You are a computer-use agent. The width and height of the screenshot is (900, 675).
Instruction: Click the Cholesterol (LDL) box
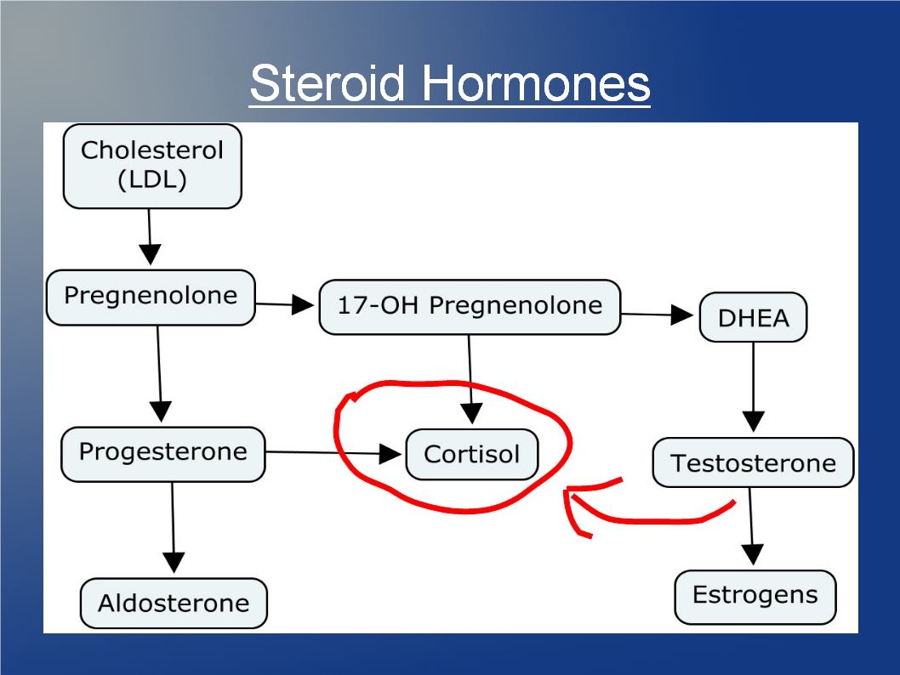click(152, 167)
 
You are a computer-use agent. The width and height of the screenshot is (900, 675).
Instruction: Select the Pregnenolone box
click(151, 298)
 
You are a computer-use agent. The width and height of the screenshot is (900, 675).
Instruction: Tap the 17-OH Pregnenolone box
click(470, 307)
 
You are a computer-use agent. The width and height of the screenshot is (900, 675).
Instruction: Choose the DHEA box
click(753, 317)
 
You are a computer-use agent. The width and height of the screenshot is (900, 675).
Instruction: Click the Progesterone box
click(163, 454)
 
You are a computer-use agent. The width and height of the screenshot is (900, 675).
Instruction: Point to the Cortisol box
click(472, 454)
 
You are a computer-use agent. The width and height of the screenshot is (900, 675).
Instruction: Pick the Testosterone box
click(753, 462)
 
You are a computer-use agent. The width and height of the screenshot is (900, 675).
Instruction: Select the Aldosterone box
click(174, 604)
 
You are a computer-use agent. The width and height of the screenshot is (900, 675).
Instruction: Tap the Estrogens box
click(755, 597)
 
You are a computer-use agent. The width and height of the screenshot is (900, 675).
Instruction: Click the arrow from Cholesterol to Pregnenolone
click(149, 237)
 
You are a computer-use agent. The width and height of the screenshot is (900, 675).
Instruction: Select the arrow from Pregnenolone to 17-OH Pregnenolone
click(285, 304)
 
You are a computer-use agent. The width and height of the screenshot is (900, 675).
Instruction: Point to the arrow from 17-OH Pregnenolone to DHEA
click(658, 315)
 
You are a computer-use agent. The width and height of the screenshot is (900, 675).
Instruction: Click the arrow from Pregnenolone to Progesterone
click(160, 374)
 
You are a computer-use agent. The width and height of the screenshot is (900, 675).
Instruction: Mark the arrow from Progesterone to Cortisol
click(333, 453)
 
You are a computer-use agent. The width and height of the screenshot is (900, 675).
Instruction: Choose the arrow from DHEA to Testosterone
click(753, 387)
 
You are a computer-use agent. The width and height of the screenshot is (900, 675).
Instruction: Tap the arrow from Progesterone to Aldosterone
click(173, 528)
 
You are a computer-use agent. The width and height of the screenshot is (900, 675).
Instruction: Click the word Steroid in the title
click(328, 83)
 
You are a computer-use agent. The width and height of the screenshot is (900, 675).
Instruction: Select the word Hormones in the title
click(536, 83)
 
